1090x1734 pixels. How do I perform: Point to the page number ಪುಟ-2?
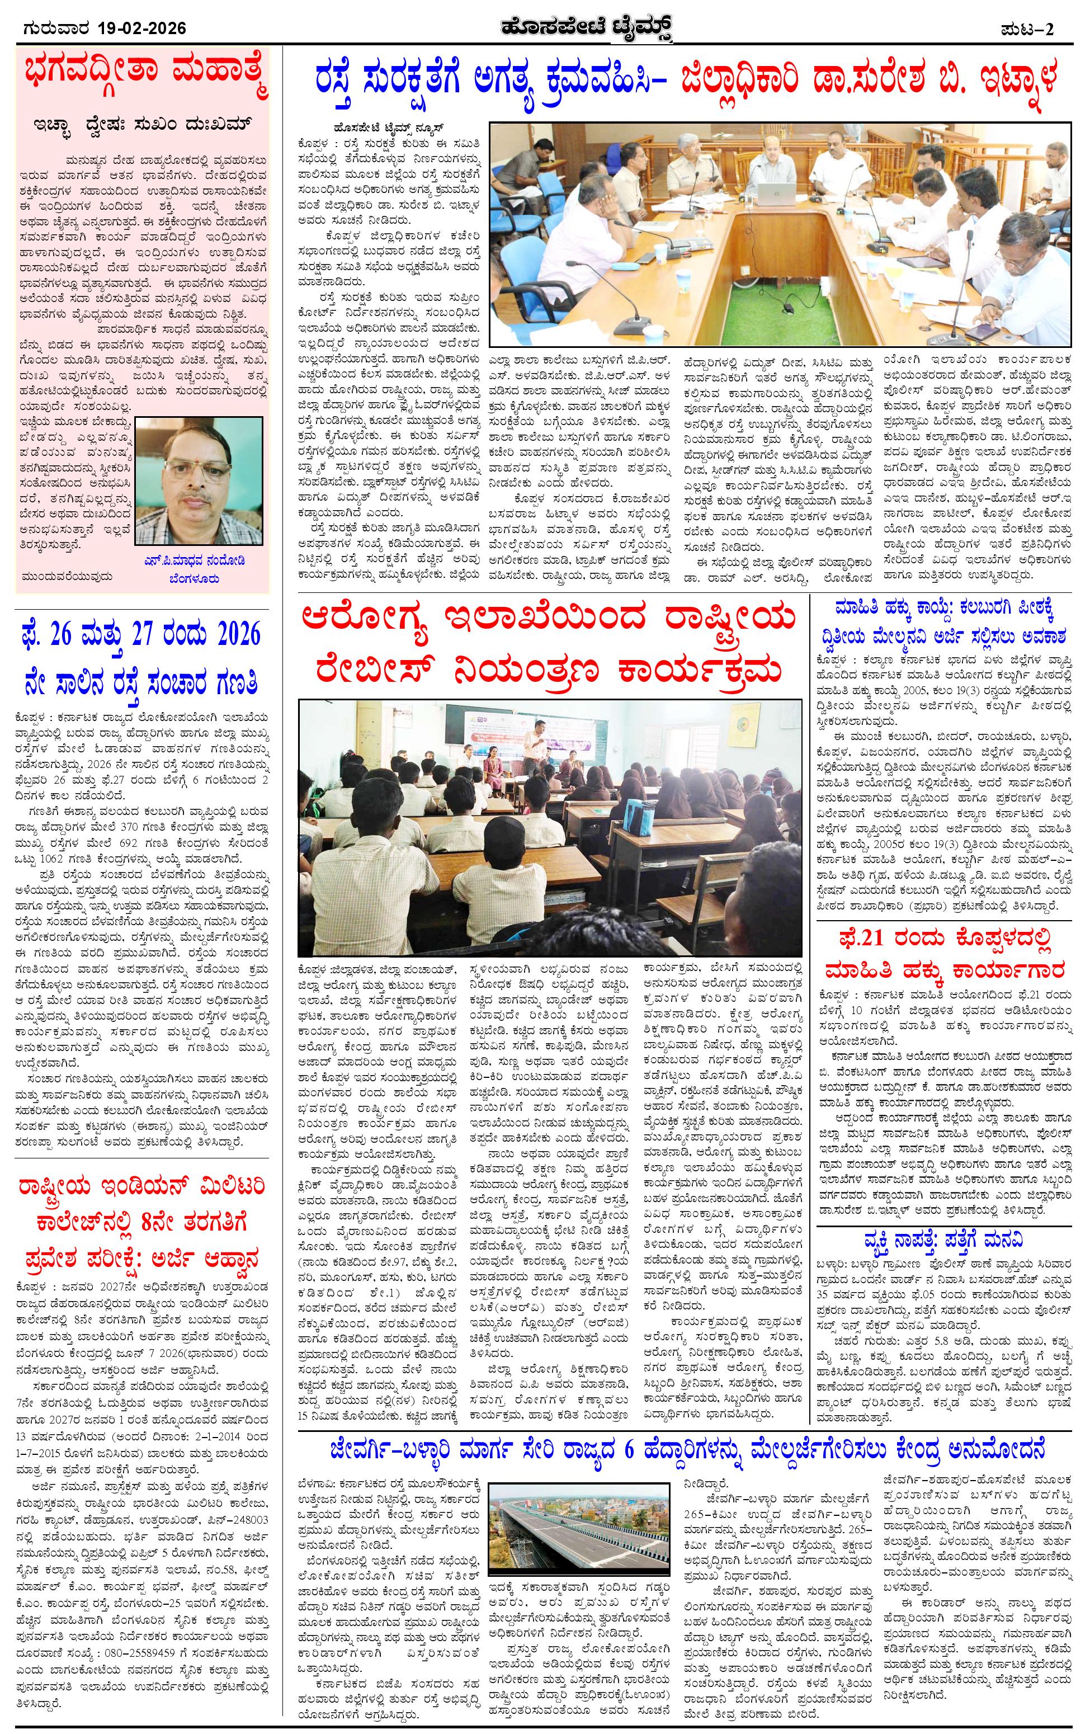(1037, 29)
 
